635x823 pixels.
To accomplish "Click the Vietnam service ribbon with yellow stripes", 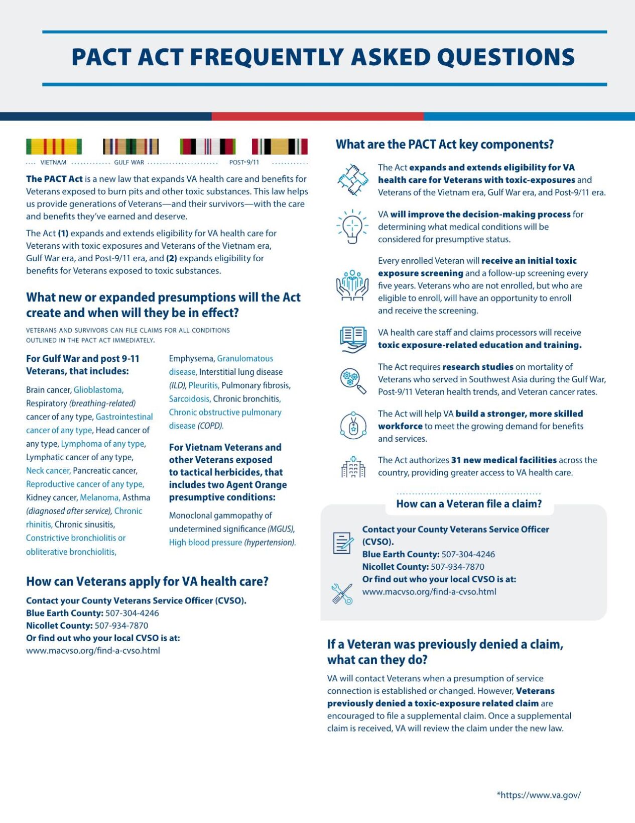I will (54, 147).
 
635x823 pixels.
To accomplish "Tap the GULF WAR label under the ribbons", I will (129, 162).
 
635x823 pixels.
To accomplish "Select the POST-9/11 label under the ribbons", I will (244, 162).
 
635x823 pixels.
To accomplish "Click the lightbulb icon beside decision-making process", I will (352, 227).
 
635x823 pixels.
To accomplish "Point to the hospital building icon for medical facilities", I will (353, 467).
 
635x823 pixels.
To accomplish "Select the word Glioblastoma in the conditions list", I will (98, 390).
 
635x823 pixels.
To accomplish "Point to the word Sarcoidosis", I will (189, 399).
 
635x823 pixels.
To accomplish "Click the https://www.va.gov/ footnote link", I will (539, 795).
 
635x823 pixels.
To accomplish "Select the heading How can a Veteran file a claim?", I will (469, 504).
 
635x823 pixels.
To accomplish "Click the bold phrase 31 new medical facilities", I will (503, 460).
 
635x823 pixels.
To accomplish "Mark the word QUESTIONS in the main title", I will (506, 57).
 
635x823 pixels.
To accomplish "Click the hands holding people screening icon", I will (352, 285).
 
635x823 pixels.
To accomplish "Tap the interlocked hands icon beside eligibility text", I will (352, 180).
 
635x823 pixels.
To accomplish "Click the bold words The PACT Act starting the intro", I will (54, 179).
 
